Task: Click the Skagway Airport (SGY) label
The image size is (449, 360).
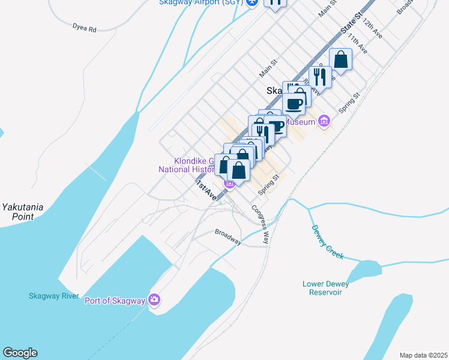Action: click(200, 2)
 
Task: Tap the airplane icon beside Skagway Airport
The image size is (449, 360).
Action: click(252, 2)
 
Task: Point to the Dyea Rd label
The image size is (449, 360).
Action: click(84, 28)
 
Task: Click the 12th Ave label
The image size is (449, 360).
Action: click(373, 29)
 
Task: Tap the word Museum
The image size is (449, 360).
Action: click(300, 122)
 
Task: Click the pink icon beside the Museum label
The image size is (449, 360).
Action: click(324, 121)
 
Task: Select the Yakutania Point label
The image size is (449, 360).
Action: click(22, 211)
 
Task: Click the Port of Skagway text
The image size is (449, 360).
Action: click(115, 301)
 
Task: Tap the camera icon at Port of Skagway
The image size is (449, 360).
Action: click(155, 299)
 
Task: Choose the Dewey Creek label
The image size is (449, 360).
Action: click(327, 242)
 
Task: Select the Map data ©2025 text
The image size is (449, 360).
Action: click(423, 355)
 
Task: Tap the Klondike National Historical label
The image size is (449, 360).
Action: click(186, 165)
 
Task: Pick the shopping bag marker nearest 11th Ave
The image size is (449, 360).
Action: click(340, 60)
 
